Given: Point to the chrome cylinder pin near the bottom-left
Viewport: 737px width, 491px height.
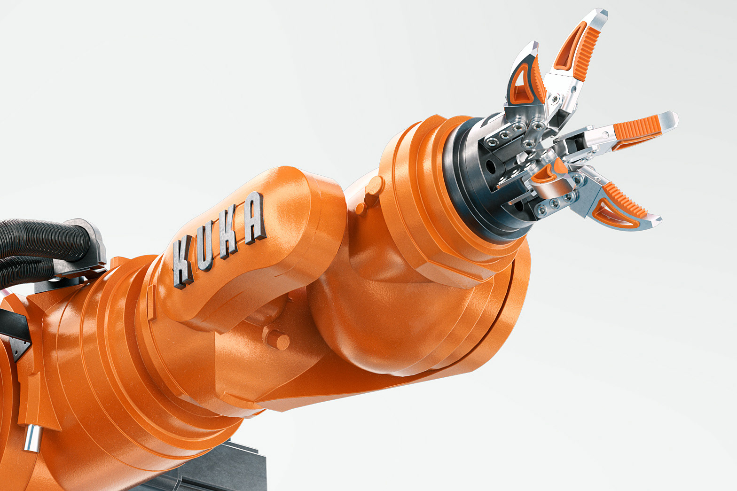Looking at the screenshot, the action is [x=32, y=438].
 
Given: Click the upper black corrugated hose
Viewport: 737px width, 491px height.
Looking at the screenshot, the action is [x=43, y=240].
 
